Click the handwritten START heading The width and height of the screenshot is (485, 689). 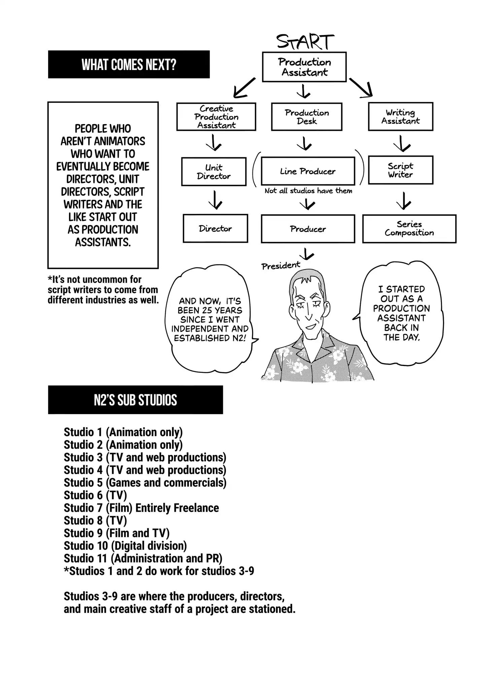click(x=305, y=42)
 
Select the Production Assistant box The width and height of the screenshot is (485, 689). click(x=304, y=67)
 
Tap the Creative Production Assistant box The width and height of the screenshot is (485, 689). click(x=216, y=117)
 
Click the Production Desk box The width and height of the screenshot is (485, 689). click(x=307, y=117)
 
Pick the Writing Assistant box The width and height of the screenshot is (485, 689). click(x=401, y=116)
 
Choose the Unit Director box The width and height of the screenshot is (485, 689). click(x=214, y=172)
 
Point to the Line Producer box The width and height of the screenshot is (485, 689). click(x=308, y=171)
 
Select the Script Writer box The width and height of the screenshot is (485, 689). click(x=401, y=170)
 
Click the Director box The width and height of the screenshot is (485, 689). click(x=215, y=229)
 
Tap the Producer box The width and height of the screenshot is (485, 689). click(x=308, y=229)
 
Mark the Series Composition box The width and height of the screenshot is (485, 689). click(x=409, y=229)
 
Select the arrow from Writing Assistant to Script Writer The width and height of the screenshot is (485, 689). click(x=402, y=144)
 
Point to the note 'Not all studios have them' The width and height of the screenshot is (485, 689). click(x=308, y=191)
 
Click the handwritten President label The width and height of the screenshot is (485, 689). click(x=281, y=266)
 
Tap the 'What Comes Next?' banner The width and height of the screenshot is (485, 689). click(x=129, y=65)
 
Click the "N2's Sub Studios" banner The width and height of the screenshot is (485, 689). click(x=135, y=400)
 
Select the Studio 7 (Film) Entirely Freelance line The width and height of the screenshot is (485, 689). click(x=141, y=508)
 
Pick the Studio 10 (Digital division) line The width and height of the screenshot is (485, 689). click(x=125, y=546)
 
